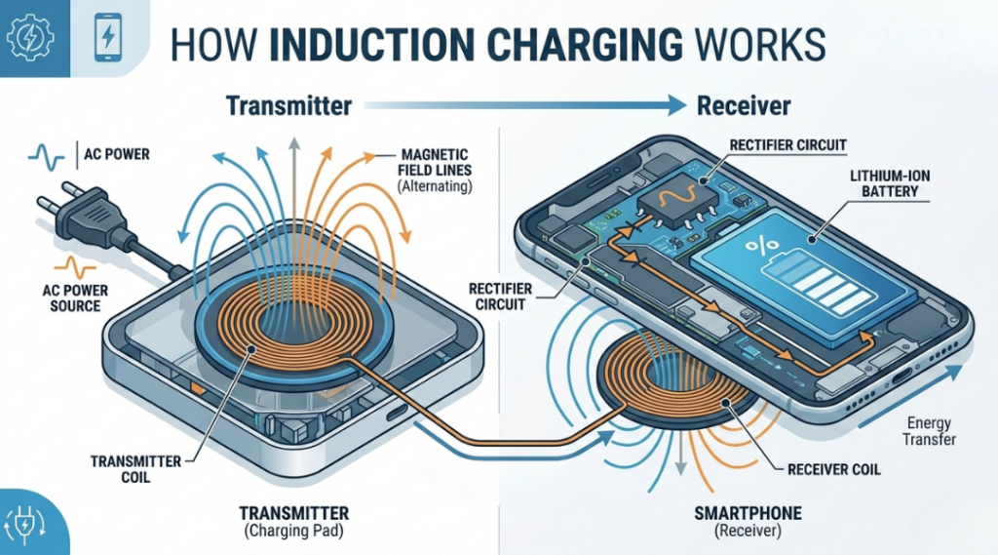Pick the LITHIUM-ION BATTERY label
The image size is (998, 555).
(x=883, y=183)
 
